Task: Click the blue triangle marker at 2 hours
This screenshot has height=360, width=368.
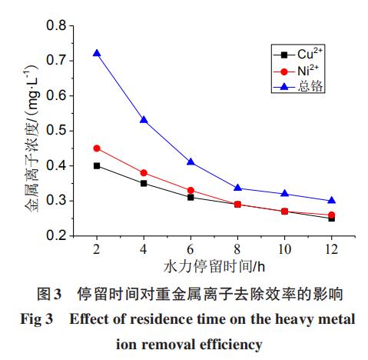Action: click(97, 53)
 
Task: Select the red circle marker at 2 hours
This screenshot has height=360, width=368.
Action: click(97, 148)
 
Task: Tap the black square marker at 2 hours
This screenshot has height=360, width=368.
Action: click(97, 165)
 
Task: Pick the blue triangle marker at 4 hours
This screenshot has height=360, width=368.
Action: click(144, 120)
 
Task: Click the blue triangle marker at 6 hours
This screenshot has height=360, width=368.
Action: click(191, 162)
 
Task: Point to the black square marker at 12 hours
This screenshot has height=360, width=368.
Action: click(332, 218)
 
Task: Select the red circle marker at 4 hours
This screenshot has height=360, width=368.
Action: click(144, 173)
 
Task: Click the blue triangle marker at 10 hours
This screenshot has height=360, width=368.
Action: click(285, 194)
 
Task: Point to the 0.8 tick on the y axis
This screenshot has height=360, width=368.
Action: click(56, 25)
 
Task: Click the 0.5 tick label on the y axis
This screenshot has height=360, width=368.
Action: click(56, 130)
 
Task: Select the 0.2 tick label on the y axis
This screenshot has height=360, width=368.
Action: click(56, 236)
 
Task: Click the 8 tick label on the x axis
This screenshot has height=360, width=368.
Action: click(237, 251)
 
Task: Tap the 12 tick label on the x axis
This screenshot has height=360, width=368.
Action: click(332, 251)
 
